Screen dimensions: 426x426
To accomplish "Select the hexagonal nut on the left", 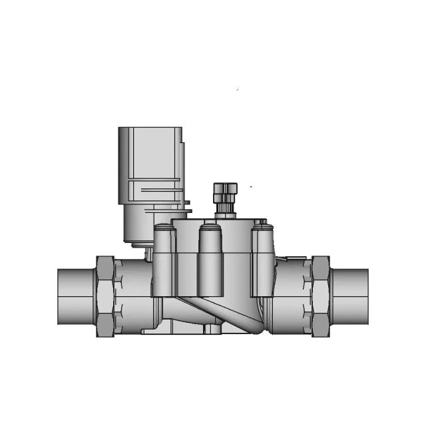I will (105, 297).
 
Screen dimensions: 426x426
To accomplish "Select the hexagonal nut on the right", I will (321, 297).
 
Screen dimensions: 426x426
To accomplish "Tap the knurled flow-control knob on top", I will (223, 194).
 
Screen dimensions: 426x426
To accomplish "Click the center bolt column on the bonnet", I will (210, 263).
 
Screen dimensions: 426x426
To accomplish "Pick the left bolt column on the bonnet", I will (164, 263).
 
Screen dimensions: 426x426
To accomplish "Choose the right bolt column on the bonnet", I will (262, 263).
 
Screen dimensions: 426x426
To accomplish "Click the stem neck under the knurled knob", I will (224, 212).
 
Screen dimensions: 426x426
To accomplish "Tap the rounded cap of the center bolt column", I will (210, 230).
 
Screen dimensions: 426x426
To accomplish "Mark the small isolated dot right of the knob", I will (251, 187).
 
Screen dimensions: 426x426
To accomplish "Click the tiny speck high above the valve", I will (238, 89).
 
